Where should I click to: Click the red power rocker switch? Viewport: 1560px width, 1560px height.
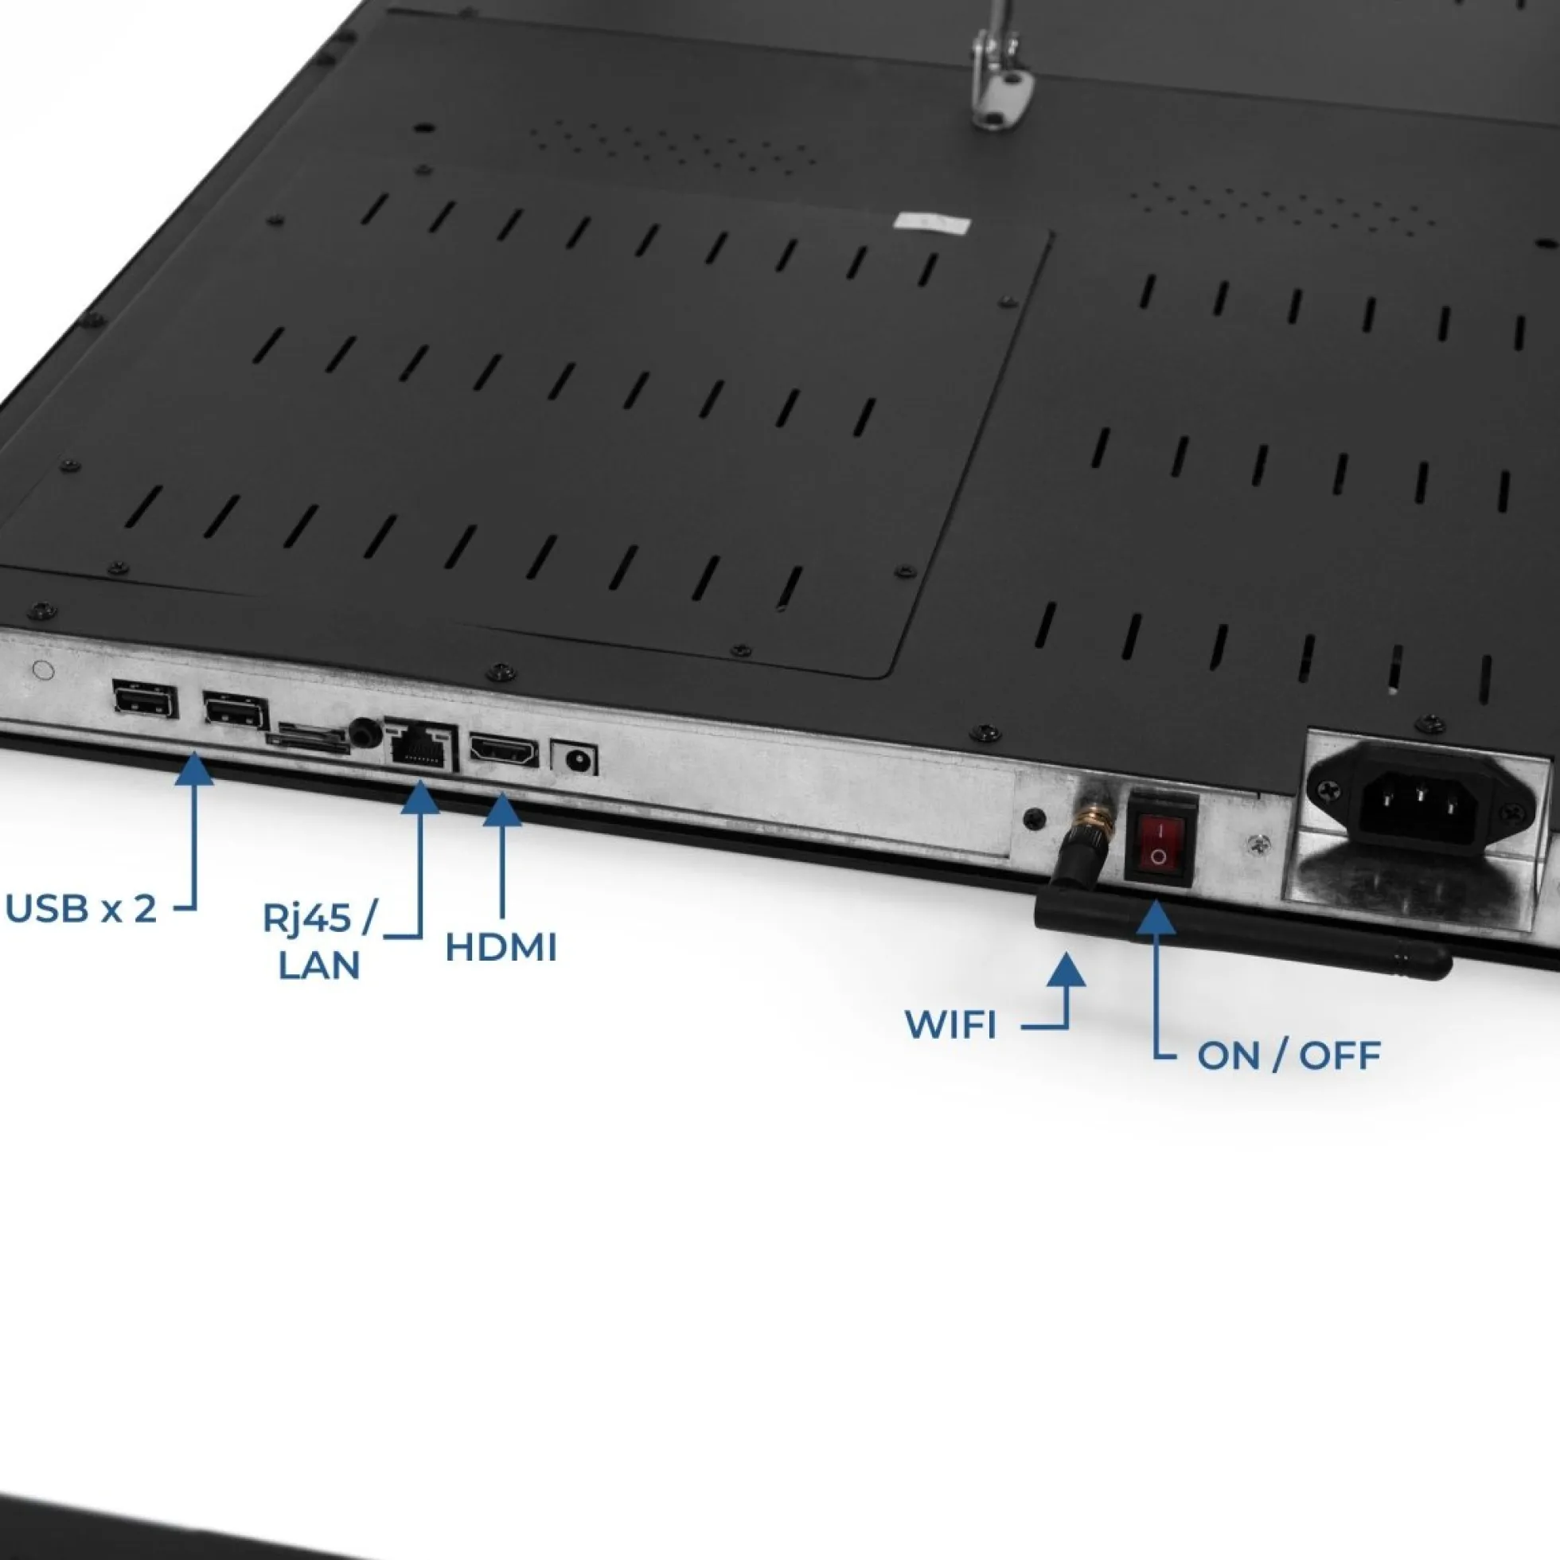coord(1160,840)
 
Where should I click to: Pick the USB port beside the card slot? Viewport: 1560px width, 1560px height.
coord(235,712)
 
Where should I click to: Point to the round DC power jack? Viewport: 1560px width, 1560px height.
coord(575,759)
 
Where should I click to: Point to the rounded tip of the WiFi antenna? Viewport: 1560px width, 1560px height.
coord(1436,962)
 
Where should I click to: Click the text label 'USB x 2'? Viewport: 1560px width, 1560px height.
coord(81,909)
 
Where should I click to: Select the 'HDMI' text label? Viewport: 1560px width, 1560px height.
coord(501,948)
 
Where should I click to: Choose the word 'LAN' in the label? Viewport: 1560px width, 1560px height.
coord(319,965)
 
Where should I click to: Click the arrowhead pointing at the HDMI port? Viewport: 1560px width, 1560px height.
coord(502,809)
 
